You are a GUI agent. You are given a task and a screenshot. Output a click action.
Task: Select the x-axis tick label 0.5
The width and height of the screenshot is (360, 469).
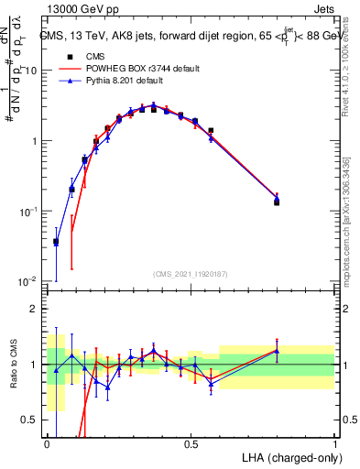[x=191, y=443]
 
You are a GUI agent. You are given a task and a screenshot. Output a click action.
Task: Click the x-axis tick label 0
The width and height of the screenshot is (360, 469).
[x=47, y=443]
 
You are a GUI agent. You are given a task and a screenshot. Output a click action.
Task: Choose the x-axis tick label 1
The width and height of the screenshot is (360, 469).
[x=335, y=443]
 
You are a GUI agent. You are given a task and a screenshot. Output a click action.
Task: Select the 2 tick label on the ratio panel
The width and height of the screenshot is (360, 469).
[x=38, y=309]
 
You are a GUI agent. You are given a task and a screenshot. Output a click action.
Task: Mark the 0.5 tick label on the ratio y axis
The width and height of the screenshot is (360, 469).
[x=33, y=420]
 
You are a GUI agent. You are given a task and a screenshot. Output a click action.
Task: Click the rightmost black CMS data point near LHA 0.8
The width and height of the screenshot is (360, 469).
[x=278, y=202]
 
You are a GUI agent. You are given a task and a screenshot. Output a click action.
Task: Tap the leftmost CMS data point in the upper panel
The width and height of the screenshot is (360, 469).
[x=56, y=242]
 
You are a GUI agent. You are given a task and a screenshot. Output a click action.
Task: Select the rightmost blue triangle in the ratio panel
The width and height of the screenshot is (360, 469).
[x=278, y=351]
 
